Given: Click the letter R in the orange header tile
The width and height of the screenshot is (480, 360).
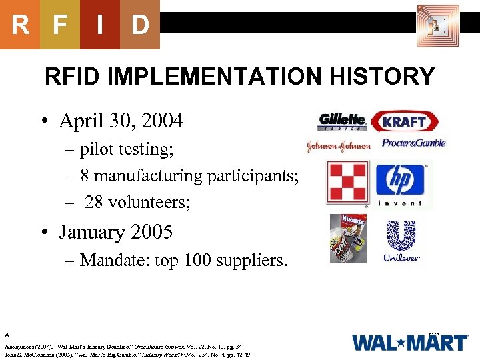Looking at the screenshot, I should point(20,25).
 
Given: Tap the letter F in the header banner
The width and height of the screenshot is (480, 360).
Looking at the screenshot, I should point(60,25).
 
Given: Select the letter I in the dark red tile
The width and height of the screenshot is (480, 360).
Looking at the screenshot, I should point(100,25).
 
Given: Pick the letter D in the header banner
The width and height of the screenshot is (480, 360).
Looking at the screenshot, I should point(140,25).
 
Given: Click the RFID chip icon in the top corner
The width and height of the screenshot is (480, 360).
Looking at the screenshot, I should point(437,26).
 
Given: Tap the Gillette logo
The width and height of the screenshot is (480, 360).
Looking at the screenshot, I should point(342,121).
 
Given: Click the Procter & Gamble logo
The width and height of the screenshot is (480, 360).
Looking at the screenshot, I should point(413,143).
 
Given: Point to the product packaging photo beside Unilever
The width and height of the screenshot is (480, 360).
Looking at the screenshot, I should point(347,239).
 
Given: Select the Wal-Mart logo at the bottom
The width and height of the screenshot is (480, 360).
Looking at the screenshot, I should point(409,342).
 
